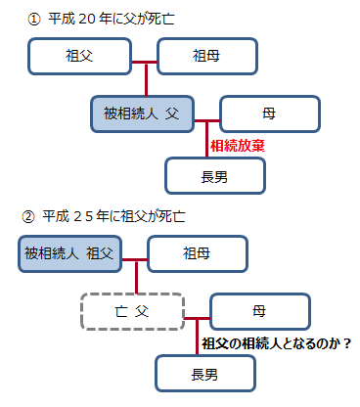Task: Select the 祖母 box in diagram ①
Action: coord(207,57)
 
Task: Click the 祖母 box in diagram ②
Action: coord(198,254)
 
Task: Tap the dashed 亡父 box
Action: coord(132,313)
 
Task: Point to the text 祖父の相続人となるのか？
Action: coord(276,342)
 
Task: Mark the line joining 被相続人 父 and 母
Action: coord(206,121)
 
